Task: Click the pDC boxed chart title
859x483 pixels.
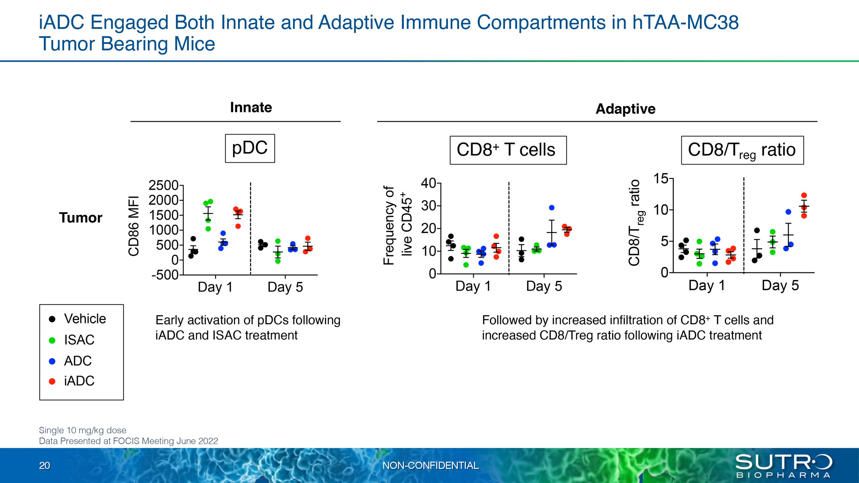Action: click(x=250, y=148)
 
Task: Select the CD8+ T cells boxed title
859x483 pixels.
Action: click(x=508, y=150)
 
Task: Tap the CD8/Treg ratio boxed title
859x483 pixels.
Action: click(x=742, y=150)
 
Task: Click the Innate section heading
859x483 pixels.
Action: click(x=251, y=107)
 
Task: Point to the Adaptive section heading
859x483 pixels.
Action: click(x=625, y=109)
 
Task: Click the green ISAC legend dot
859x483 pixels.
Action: click(x=52, y=340)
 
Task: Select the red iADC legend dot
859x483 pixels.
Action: click(x=52, y=381)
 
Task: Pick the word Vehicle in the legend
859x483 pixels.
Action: click(x=85, y=319)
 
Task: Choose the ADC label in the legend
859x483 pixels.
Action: click(x=78, y=361)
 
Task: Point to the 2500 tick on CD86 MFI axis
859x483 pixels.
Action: click(x=163, y=185)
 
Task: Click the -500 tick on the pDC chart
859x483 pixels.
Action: click(x=165, y=275)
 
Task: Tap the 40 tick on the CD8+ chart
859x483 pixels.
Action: click(x=428, y=183)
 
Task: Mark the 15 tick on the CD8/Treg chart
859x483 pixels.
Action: click(x=660, y=179)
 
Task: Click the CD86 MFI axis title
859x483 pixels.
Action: click(x=134, y=226)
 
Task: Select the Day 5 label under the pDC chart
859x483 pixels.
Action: click(x=285, y=287)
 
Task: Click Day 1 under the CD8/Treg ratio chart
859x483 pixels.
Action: click(x=706, y=285)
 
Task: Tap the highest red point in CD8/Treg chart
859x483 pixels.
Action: click(x=804, y=195)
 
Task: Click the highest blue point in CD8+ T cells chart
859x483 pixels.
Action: click(x=552, y=208)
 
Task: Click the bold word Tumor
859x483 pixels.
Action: click(x=81, y=218)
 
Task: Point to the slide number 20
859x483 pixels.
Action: click(x=44, y=466)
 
